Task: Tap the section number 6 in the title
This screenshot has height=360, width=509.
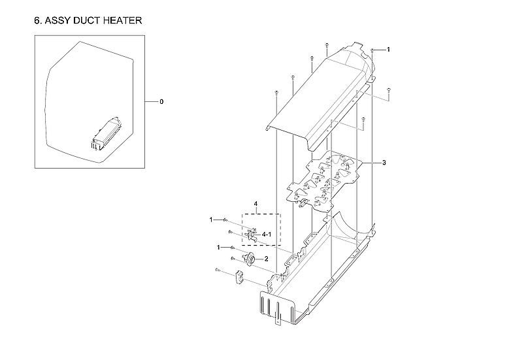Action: tap(37, 20)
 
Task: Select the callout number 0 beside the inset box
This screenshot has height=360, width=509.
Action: tap(161, 102)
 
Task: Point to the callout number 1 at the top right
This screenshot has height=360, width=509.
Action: tap(388, 50)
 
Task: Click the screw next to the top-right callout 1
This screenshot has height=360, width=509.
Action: tap(372, 51)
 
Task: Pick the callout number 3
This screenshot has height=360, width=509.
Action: tap(384, 162)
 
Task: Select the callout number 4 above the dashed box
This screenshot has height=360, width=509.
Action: tap(255, 205)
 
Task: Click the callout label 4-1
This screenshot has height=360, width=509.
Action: tap(267, 233)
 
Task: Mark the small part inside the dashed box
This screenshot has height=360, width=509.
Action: tap(252, 234)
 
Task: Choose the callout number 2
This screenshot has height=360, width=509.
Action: tap(266, 259)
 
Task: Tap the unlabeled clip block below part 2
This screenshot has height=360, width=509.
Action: tap(239, 278)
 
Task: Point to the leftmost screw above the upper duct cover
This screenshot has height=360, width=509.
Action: tap(277, 92)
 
